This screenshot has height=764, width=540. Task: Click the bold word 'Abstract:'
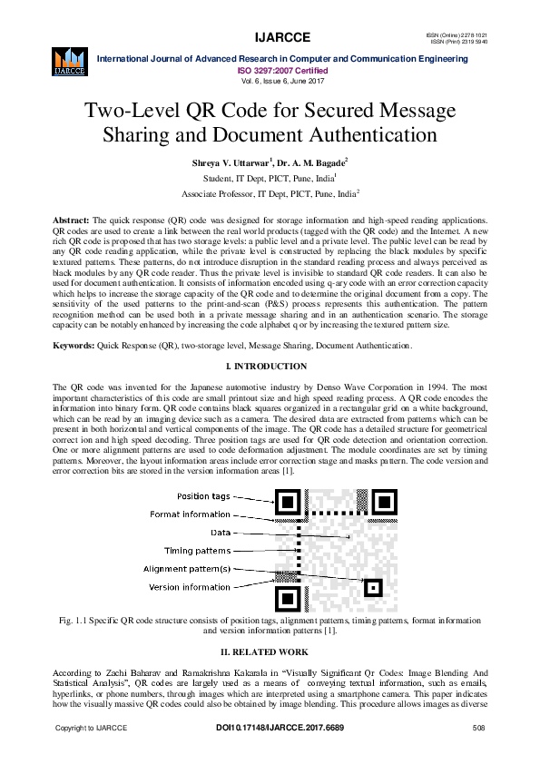tap(72, 221)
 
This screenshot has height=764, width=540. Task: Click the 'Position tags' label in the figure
tap(204, 496)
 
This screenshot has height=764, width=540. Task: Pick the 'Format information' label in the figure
tap(191, 514)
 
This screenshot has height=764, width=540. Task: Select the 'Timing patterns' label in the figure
tap(197, 551)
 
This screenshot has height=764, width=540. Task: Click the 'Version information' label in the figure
tap(190, 587)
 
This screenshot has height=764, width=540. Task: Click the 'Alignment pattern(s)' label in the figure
tap(187, 569)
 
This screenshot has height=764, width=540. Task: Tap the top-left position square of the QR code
tap(289, 503)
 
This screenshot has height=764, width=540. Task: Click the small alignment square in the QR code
tap(371, 587)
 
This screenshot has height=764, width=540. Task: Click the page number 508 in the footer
tap(478, 729)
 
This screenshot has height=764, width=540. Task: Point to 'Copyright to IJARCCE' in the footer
tap(92, 729)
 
